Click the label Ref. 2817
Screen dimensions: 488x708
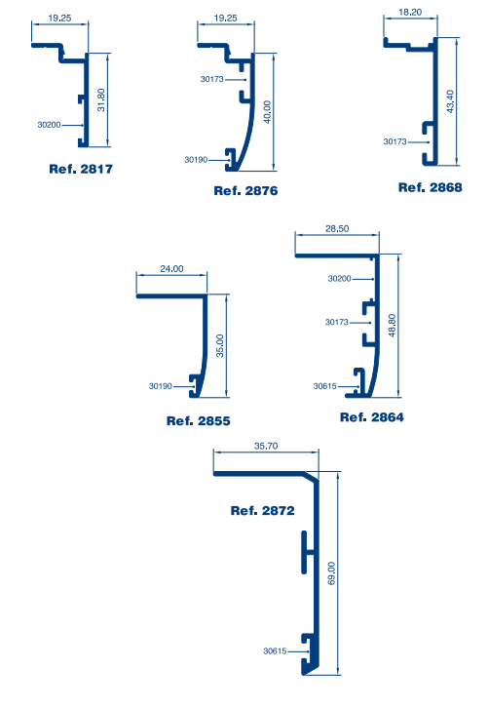click(81, 169)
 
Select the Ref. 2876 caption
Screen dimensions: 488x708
click(245, 190)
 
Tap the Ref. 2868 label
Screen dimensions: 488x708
click(431, 187)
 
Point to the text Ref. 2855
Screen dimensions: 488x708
click(199, 421)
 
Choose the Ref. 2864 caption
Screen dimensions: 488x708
click(372, 417)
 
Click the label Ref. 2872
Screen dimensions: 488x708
click(262, 511)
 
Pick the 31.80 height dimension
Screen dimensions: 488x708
click(101, 99)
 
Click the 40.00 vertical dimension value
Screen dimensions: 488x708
click(267, 112)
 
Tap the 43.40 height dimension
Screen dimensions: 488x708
click(450, 101)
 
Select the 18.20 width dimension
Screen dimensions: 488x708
click(410, 13)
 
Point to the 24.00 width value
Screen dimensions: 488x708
click(171, 268)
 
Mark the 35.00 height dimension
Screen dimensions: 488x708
click(219, 346)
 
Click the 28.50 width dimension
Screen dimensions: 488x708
click(337, 229)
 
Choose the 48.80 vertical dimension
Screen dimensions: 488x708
click(392, 325)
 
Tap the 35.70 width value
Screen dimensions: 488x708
click(266, 446)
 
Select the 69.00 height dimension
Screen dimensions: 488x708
click(331, 573)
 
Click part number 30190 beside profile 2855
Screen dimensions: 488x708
click(161, 386)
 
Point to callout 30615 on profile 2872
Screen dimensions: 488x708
click(275, 651)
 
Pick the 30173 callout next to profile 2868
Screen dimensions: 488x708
click(395, 141)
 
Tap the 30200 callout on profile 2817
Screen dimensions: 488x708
click(49, 125)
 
